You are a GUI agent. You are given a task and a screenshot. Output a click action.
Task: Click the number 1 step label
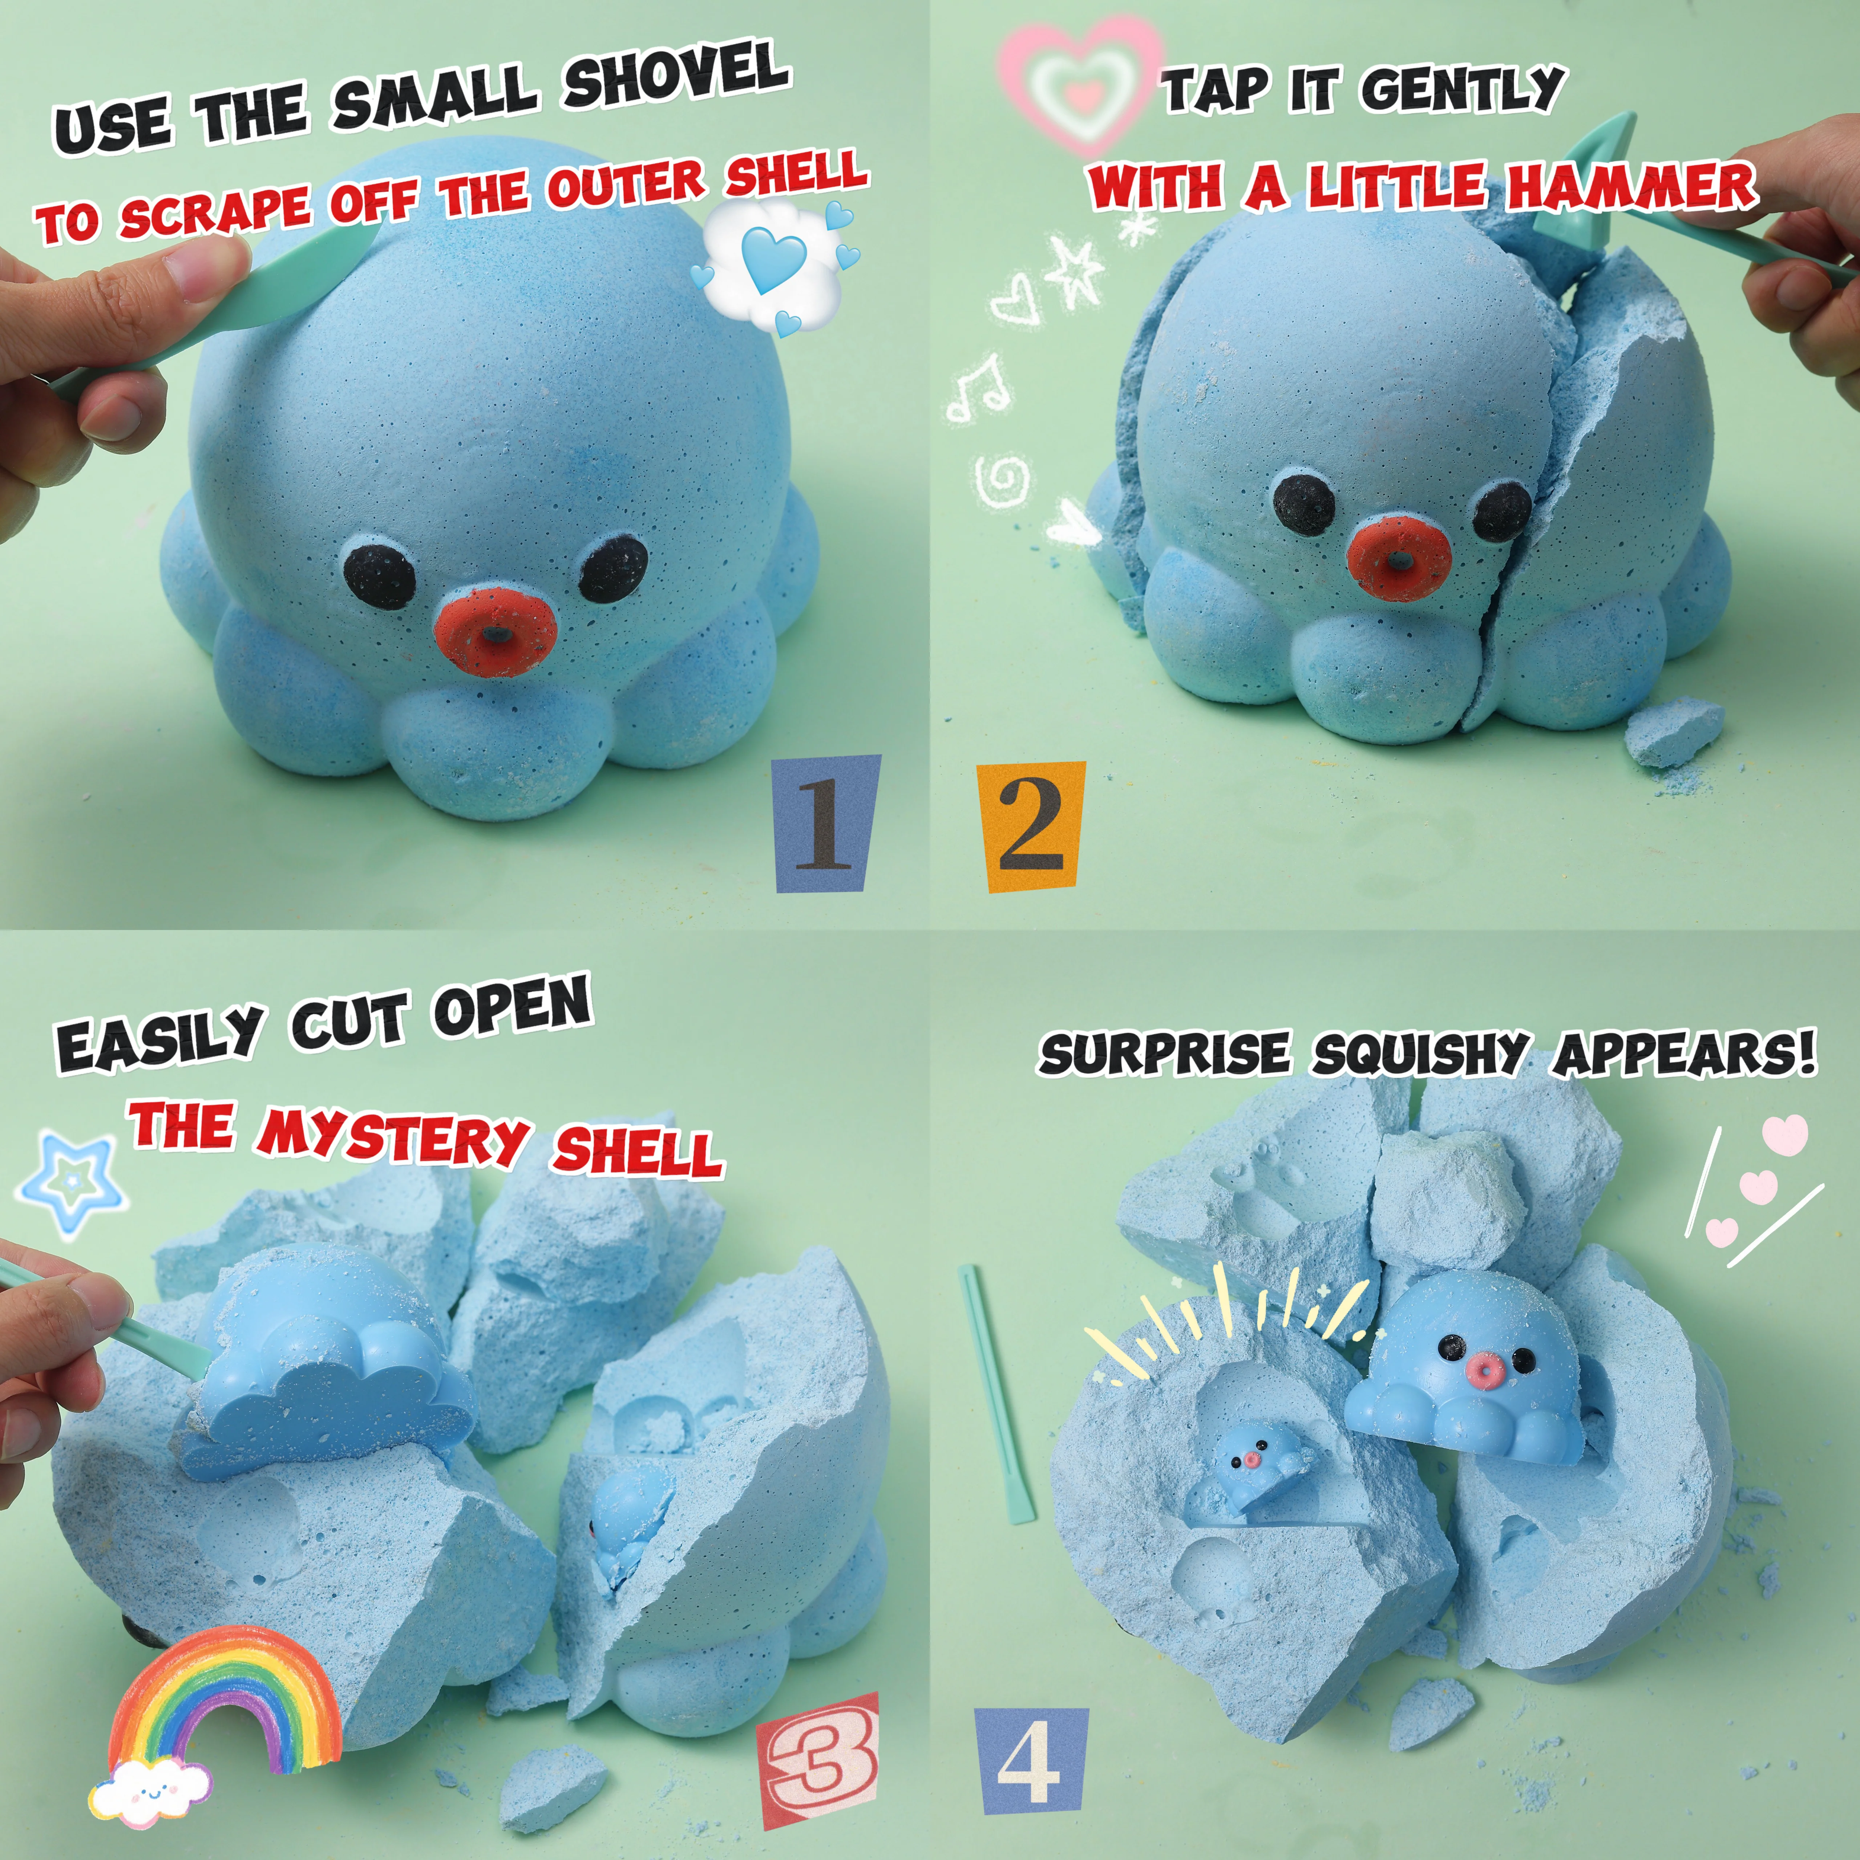click(x=826, y=824)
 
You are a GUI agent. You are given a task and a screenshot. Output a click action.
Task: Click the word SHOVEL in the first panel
click(x=676, y=77)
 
